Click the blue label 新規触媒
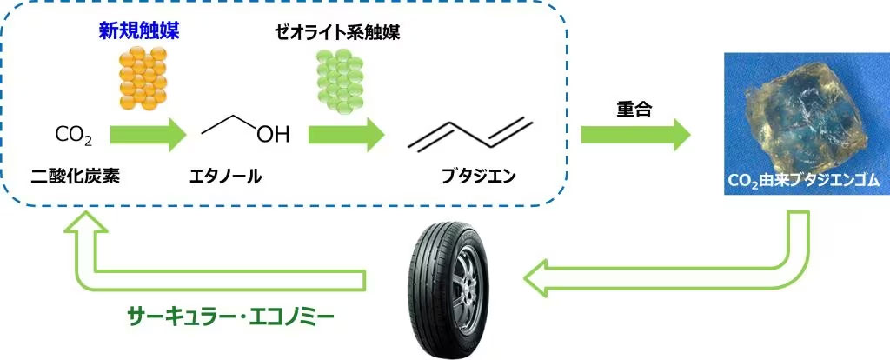pos(143,31)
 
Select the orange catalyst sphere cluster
pos(143,77)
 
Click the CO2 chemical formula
pos(73,136)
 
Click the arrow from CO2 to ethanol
pos(148,135)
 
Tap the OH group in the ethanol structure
pos(273,135)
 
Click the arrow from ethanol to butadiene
pos(346,135)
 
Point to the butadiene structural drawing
pos(470,134)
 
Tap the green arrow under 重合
pos(635,135)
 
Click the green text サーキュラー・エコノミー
pos(229,316)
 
